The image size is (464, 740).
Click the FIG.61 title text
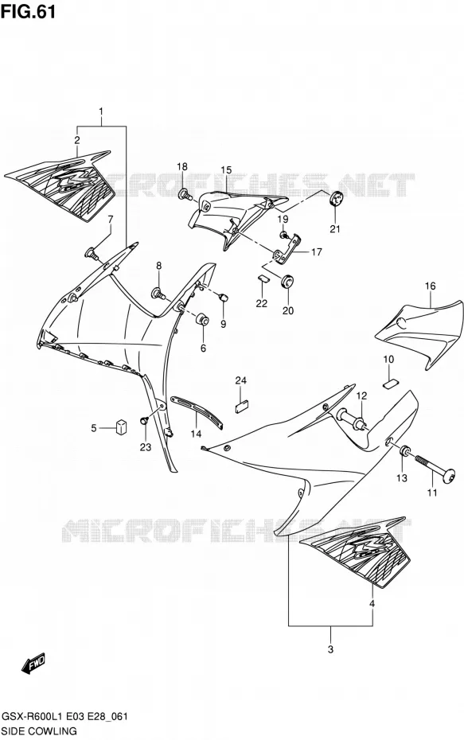[x=29, y=11]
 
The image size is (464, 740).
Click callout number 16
[x=430, y=286]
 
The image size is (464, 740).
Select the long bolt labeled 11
[x=435, y=467]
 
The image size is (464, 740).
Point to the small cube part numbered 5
[x=122, y=426]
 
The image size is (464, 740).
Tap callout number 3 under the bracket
[x=330, y=649]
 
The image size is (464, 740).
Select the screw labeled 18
[x=185, y=193]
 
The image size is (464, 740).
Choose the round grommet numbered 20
[x=287, y=281]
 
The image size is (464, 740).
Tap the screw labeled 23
[x=144, y=420]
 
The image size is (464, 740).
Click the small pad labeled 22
[x=262, y=278]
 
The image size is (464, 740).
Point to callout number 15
[x=225, y=170]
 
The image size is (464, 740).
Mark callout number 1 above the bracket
[x=101, y=112]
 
